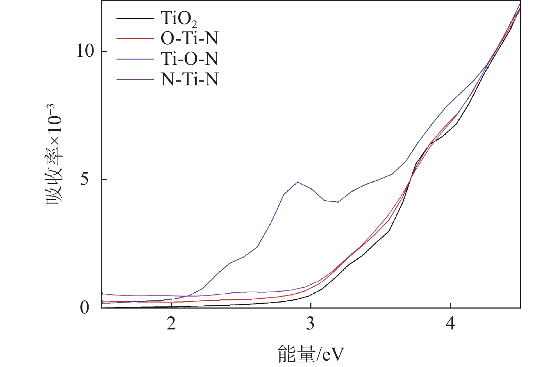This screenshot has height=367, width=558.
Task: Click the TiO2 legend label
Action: click(179, 18)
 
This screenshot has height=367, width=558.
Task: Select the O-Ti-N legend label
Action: click(189, 38)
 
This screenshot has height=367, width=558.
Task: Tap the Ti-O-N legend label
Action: click(189, 59)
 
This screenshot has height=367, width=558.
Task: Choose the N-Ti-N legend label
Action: click(189, 79)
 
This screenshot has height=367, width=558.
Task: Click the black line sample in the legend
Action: click(135, 18)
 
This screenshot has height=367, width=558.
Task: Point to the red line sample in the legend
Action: click(135, 38)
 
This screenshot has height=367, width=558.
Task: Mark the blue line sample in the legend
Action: click(135, 59)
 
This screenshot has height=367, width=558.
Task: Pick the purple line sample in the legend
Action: click(135, 79)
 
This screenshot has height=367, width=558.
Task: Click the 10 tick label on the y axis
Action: click(85, 51)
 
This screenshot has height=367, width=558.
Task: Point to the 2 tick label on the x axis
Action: click(171, 323)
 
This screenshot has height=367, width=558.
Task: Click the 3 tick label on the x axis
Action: click(310, 323)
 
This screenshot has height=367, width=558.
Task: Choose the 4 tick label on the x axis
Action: click(450, 323)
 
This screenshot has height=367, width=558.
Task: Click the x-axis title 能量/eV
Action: click(311, 354)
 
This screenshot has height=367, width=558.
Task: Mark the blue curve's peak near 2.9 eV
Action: click(298, 182)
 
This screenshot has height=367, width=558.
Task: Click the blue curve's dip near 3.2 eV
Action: click(338, 202)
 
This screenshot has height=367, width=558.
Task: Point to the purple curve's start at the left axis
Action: click(102, 294)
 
